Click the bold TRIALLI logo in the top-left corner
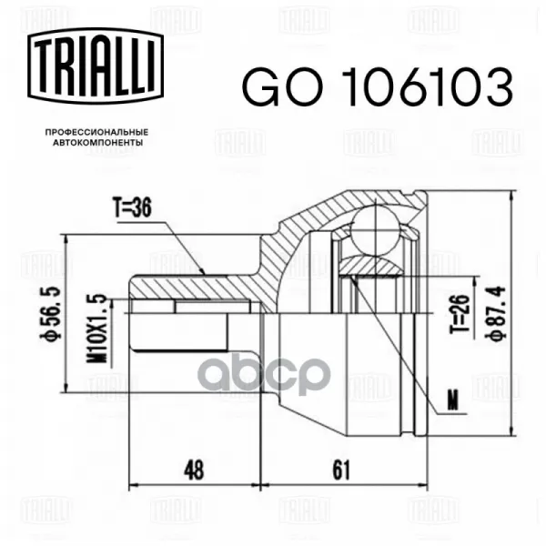coord(96,66)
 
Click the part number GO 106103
coord(378,86)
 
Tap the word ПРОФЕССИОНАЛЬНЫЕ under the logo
coord(97,132)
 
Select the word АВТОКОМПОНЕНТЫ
coord(97,143)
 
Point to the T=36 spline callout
coord(132,208)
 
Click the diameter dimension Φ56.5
coord(54,314)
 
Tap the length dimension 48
coord(195,470)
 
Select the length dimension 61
coord(341,470)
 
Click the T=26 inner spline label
coord(460,314)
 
